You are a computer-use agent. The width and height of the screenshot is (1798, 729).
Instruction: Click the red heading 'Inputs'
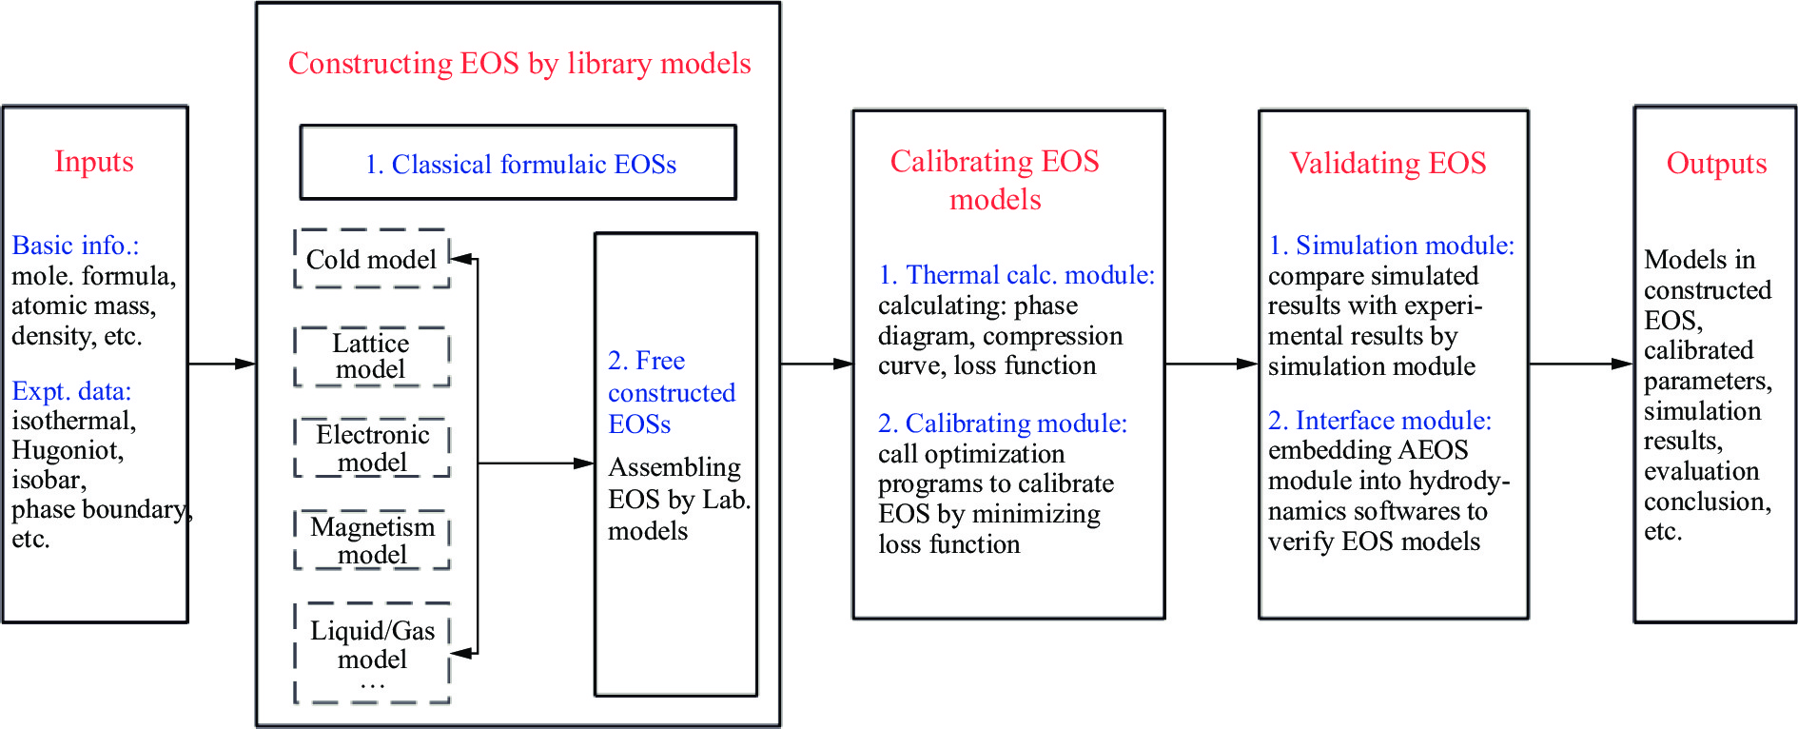tap(93, 162)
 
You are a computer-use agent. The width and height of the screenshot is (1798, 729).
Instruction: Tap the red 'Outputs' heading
tap(1716, 164)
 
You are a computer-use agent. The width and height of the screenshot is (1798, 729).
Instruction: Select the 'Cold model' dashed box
tap(371, 259)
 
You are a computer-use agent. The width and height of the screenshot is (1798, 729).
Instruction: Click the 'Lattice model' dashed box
tap(371, 356)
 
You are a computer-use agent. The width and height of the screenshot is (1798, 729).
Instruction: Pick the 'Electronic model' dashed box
tap(372, 447)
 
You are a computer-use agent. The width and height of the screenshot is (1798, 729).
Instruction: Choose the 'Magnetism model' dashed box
tap(372, 540)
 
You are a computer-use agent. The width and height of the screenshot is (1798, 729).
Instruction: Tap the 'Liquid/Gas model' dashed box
tap(372, 652)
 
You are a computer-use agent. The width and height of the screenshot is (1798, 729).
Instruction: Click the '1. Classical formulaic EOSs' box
tap(518, 164)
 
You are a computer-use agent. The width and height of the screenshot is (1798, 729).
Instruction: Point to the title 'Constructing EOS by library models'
tap(519, 64)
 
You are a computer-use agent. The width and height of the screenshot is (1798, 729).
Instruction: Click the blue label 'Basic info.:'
tap(75, 246)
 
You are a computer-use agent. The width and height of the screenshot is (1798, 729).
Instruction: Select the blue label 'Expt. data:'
tap(71, 391)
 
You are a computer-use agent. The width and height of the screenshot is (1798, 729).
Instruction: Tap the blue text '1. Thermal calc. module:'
tap(1016, 275)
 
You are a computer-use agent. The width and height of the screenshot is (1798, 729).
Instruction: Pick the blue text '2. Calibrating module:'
tap(1003, 424)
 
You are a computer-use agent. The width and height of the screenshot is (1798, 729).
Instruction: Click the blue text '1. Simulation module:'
tap(1391, 246)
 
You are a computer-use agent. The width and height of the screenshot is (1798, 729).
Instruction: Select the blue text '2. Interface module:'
tap(1379, 421)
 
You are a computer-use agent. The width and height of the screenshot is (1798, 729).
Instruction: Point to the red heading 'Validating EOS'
tap(1387, 164)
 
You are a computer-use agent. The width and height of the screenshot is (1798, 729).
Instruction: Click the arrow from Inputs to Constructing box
tap(222, 364)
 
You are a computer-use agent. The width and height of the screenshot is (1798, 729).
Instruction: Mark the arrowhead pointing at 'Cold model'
tap(460, 258)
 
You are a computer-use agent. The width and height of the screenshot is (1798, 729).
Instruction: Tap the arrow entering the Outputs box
tap(1581, 364)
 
